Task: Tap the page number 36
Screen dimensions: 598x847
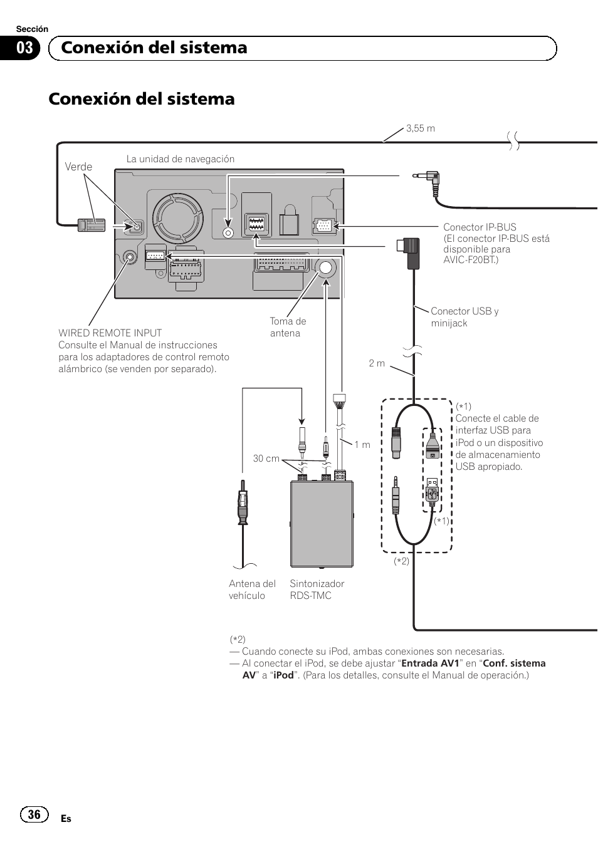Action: click(34, 814)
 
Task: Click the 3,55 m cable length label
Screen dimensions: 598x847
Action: click(420, 128)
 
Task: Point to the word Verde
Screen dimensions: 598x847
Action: click(78, 167)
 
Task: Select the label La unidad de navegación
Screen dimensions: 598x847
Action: click(181, 159)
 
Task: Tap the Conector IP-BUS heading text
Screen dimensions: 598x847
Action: click(480, 227)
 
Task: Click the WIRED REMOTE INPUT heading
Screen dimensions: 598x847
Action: click(110, 333)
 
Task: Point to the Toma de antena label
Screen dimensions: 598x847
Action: click(288, 327)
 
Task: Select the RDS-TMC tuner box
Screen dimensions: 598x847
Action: click(322, 524)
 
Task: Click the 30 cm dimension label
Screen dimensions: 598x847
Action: click(266, 459)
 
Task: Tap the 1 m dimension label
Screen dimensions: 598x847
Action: click(362, 445)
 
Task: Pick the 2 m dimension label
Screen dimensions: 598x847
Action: click(377, 363)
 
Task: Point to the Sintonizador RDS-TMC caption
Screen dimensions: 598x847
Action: click(317, 590)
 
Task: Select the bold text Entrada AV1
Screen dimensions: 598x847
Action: click(431, 663)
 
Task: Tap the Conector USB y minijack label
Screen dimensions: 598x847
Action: click(464, 317)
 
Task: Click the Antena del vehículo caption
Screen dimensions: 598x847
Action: click(252, 590)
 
